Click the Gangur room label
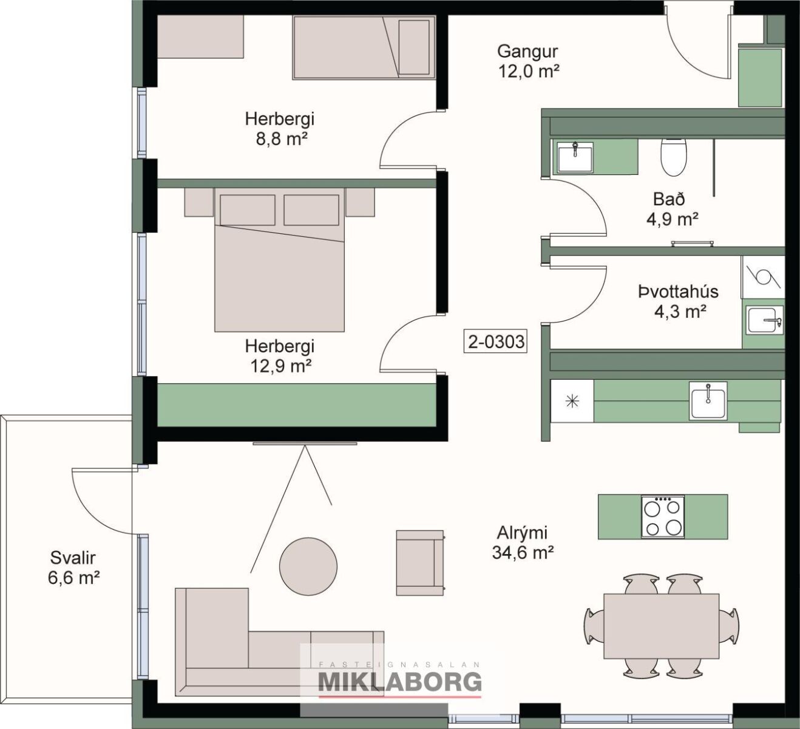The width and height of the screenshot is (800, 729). [x=527, y=52]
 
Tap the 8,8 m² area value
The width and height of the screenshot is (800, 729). [x=282, y=139]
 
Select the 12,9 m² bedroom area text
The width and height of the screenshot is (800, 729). [x=281, y=366]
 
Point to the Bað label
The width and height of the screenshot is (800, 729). [x=669, y=199]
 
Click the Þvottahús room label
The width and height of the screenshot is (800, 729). [x=679, y=292]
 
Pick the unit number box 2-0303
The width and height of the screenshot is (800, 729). [x=496, y=341]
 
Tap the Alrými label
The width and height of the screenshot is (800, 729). [x=522, y=533]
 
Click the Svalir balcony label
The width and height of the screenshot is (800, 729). [x=73, y=558]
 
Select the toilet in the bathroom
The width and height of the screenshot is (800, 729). [x=674, y=157]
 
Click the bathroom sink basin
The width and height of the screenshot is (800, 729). [x=575, y=158]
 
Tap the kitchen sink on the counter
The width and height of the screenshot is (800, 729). [x=708, y=400]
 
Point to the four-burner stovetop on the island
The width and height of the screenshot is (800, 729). [x=663, y=516]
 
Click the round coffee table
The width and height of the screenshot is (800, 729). [x=308, y=567]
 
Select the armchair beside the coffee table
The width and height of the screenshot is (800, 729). [x=421, y=563]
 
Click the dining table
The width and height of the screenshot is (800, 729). [x=661, y=631]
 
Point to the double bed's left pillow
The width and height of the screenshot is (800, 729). [x=248, y=210]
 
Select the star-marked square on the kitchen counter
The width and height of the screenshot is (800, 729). [x=572, y=401]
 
